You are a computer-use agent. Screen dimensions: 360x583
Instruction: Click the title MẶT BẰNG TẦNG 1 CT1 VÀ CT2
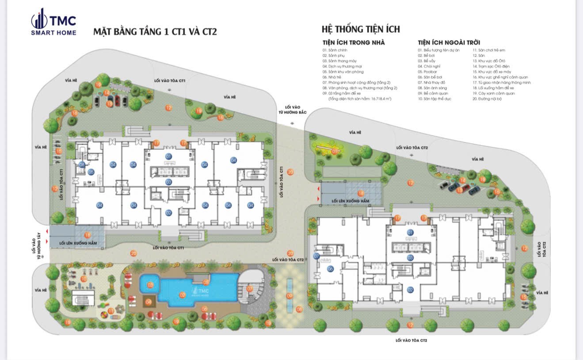click(x=155, y=32)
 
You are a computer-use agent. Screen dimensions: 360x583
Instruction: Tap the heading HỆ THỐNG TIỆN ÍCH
click(x=361, y=29)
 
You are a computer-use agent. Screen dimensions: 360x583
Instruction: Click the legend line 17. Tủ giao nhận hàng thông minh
click(x=502, y=83)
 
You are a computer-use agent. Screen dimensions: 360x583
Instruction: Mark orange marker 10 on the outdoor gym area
click(x=84, y=279)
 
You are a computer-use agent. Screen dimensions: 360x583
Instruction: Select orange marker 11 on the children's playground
click(x=111, y=311)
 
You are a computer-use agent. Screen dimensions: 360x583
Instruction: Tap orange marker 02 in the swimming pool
click(x=182, y=295)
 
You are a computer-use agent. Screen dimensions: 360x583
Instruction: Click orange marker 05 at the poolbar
click(x=206, y=282)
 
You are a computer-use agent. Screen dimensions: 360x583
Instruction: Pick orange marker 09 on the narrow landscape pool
click(x=290, y=295)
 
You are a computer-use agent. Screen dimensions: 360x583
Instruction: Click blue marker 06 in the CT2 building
click(x=330, y=269)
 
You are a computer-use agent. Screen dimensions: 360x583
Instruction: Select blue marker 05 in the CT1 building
click(x=91, y=172)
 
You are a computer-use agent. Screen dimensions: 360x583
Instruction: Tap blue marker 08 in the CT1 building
click(x=82, y=165)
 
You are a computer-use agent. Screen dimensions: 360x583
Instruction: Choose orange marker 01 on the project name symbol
click(x=334, y=152)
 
